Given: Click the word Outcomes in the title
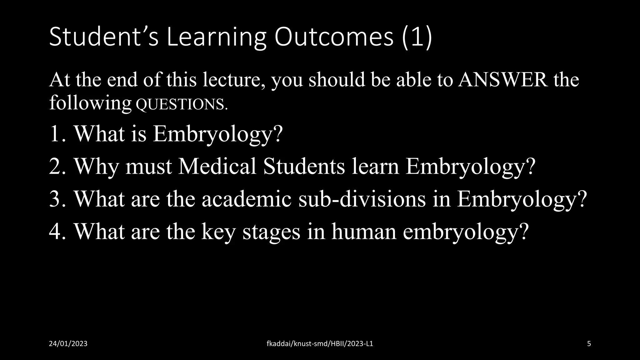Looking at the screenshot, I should click(334, 37).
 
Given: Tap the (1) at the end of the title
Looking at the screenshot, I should click(417, 37).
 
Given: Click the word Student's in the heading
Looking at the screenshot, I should click(103, 37).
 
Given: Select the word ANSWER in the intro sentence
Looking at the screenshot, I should click(503, 79).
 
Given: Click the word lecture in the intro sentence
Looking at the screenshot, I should click(233, 79).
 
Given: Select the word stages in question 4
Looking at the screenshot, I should click(271, 232).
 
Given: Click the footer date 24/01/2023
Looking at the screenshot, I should click(68, 344).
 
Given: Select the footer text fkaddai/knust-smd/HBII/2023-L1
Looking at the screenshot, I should click(320, 344).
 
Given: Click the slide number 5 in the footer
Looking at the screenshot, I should click(589, 344).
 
